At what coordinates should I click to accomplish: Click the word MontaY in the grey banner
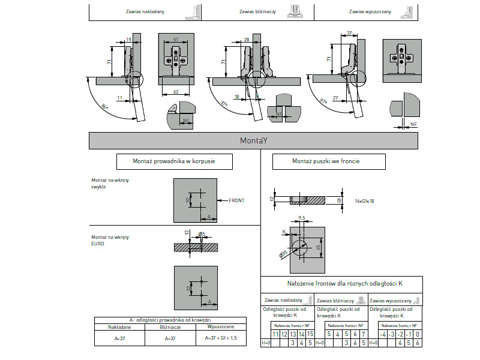[x=253, y=140]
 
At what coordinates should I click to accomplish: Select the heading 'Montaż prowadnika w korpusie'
[x=174, y=161]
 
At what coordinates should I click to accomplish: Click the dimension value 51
[x=176, y=39]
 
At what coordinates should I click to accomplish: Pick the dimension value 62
[x=176, y=91]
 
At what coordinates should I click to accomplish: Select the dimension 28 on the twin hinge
[x=247, y=39]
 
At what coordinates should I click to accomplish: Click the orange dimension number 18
[x=236, y=96]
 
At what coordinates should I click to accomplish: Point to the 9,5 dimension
[x=302, y=218]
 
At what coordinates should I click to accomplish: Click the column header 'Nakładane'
[x=119, y=327]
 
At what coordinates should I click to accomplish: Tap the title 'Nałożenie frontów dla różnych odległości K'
[x=341, y=283]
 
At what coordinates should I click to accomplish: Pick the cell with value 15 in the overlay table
[x=310, y=334]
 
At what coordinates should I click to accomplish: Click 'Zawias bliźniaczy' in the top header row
[x=257, y=11]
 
